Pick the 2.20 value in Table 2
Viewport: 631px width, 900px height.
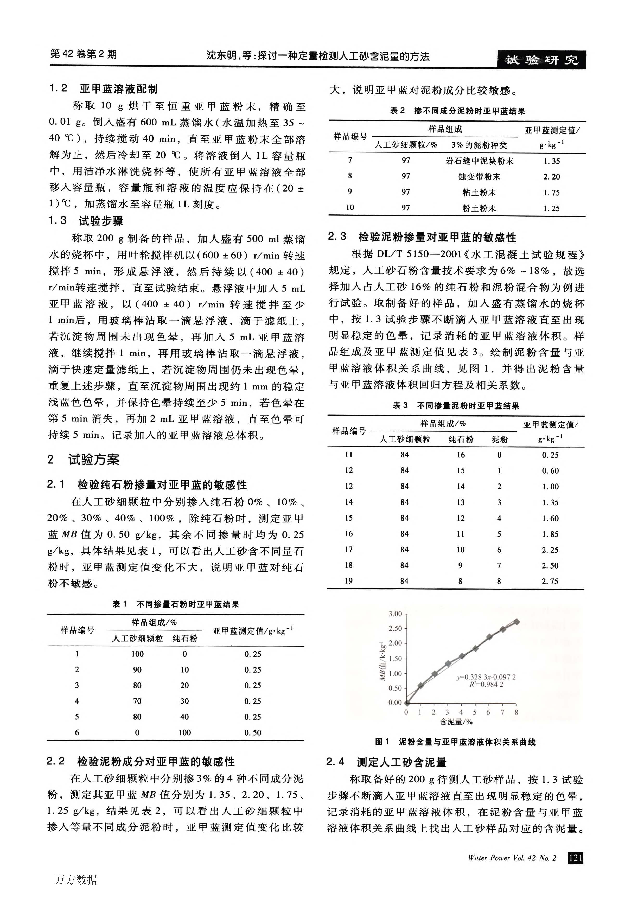551,177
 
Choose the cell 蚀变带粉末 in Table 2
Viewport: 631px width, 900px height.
479,177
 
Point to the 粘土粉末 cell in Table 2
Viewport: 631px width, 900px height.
479,193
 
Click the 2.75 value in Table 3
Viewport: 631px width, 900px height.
550,581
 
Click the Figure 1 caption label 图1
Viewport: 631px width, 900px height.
382,742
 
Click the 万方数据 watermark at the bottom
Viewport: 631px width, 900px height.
76,880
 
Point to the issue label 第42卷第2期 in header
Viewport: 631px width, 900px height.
84,54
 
